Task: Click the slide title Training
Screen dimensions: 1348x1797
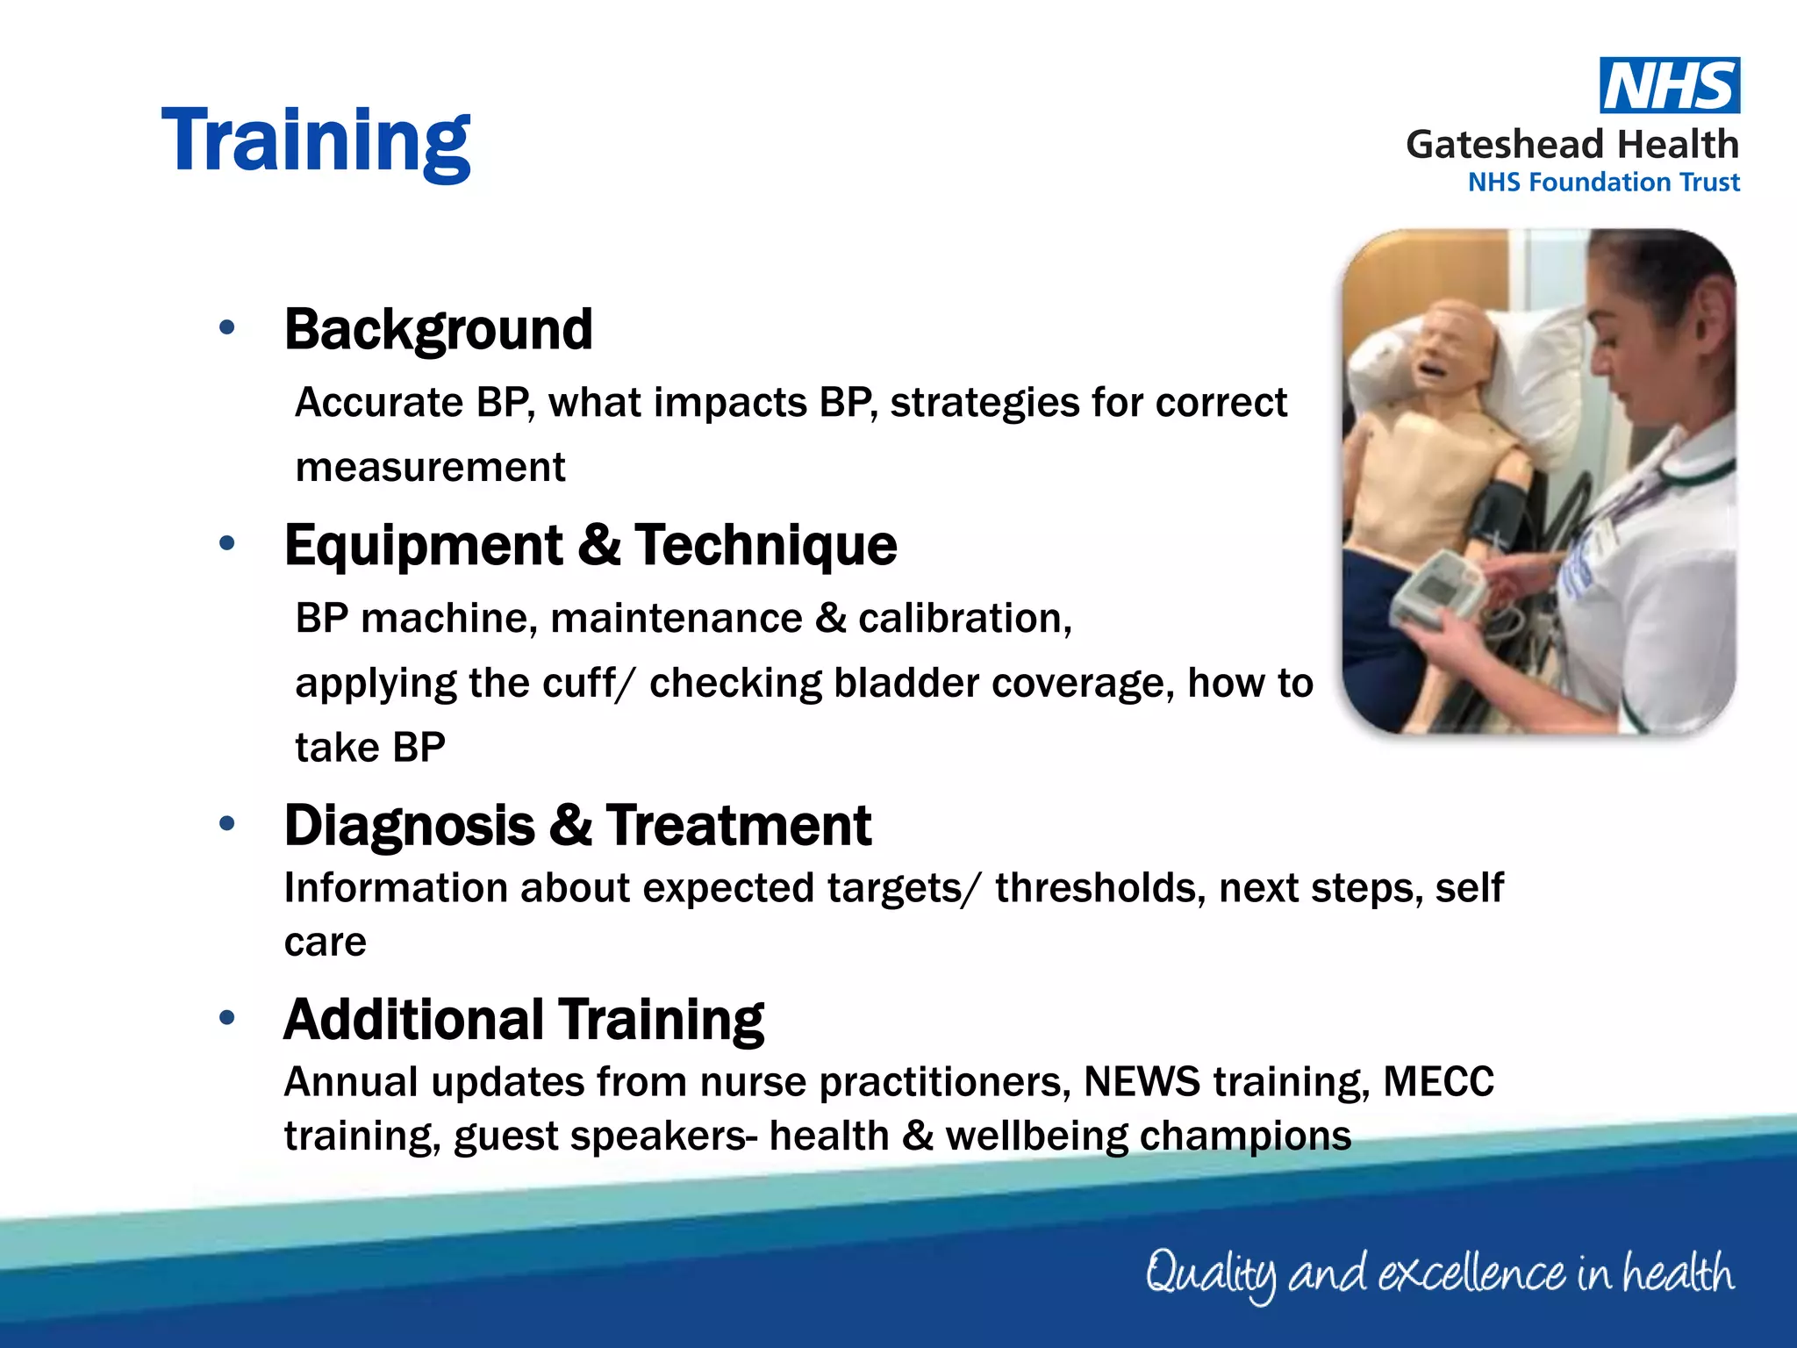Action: (316, 140)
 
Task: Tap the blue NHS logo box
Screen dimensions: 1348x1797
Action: (1669, 86)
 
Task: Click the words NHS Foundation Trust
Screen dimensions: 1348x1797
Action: (1603, 183)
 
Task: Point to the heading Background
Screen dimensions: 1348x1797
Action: (438, 330)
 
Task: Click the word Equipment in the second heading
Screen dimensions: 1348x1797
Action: (423, 546)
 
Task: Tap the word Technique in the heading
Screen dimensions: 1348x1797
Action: (765, 546)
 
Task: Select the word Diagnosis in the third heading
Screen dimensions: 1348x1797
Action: (409, 826)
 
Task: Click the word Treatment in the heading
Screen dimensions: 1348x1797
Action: (738, 826)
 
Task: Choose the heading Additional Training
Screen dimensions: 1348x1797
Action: (523, 1020)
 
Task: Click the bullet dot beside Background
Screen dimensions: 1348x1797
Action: (227, 328)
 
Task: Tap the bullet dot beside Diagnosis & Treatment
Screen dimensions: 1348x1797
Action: (227, 824)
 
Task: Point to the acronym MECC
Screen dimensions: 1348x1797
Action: (1438, 1082)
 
